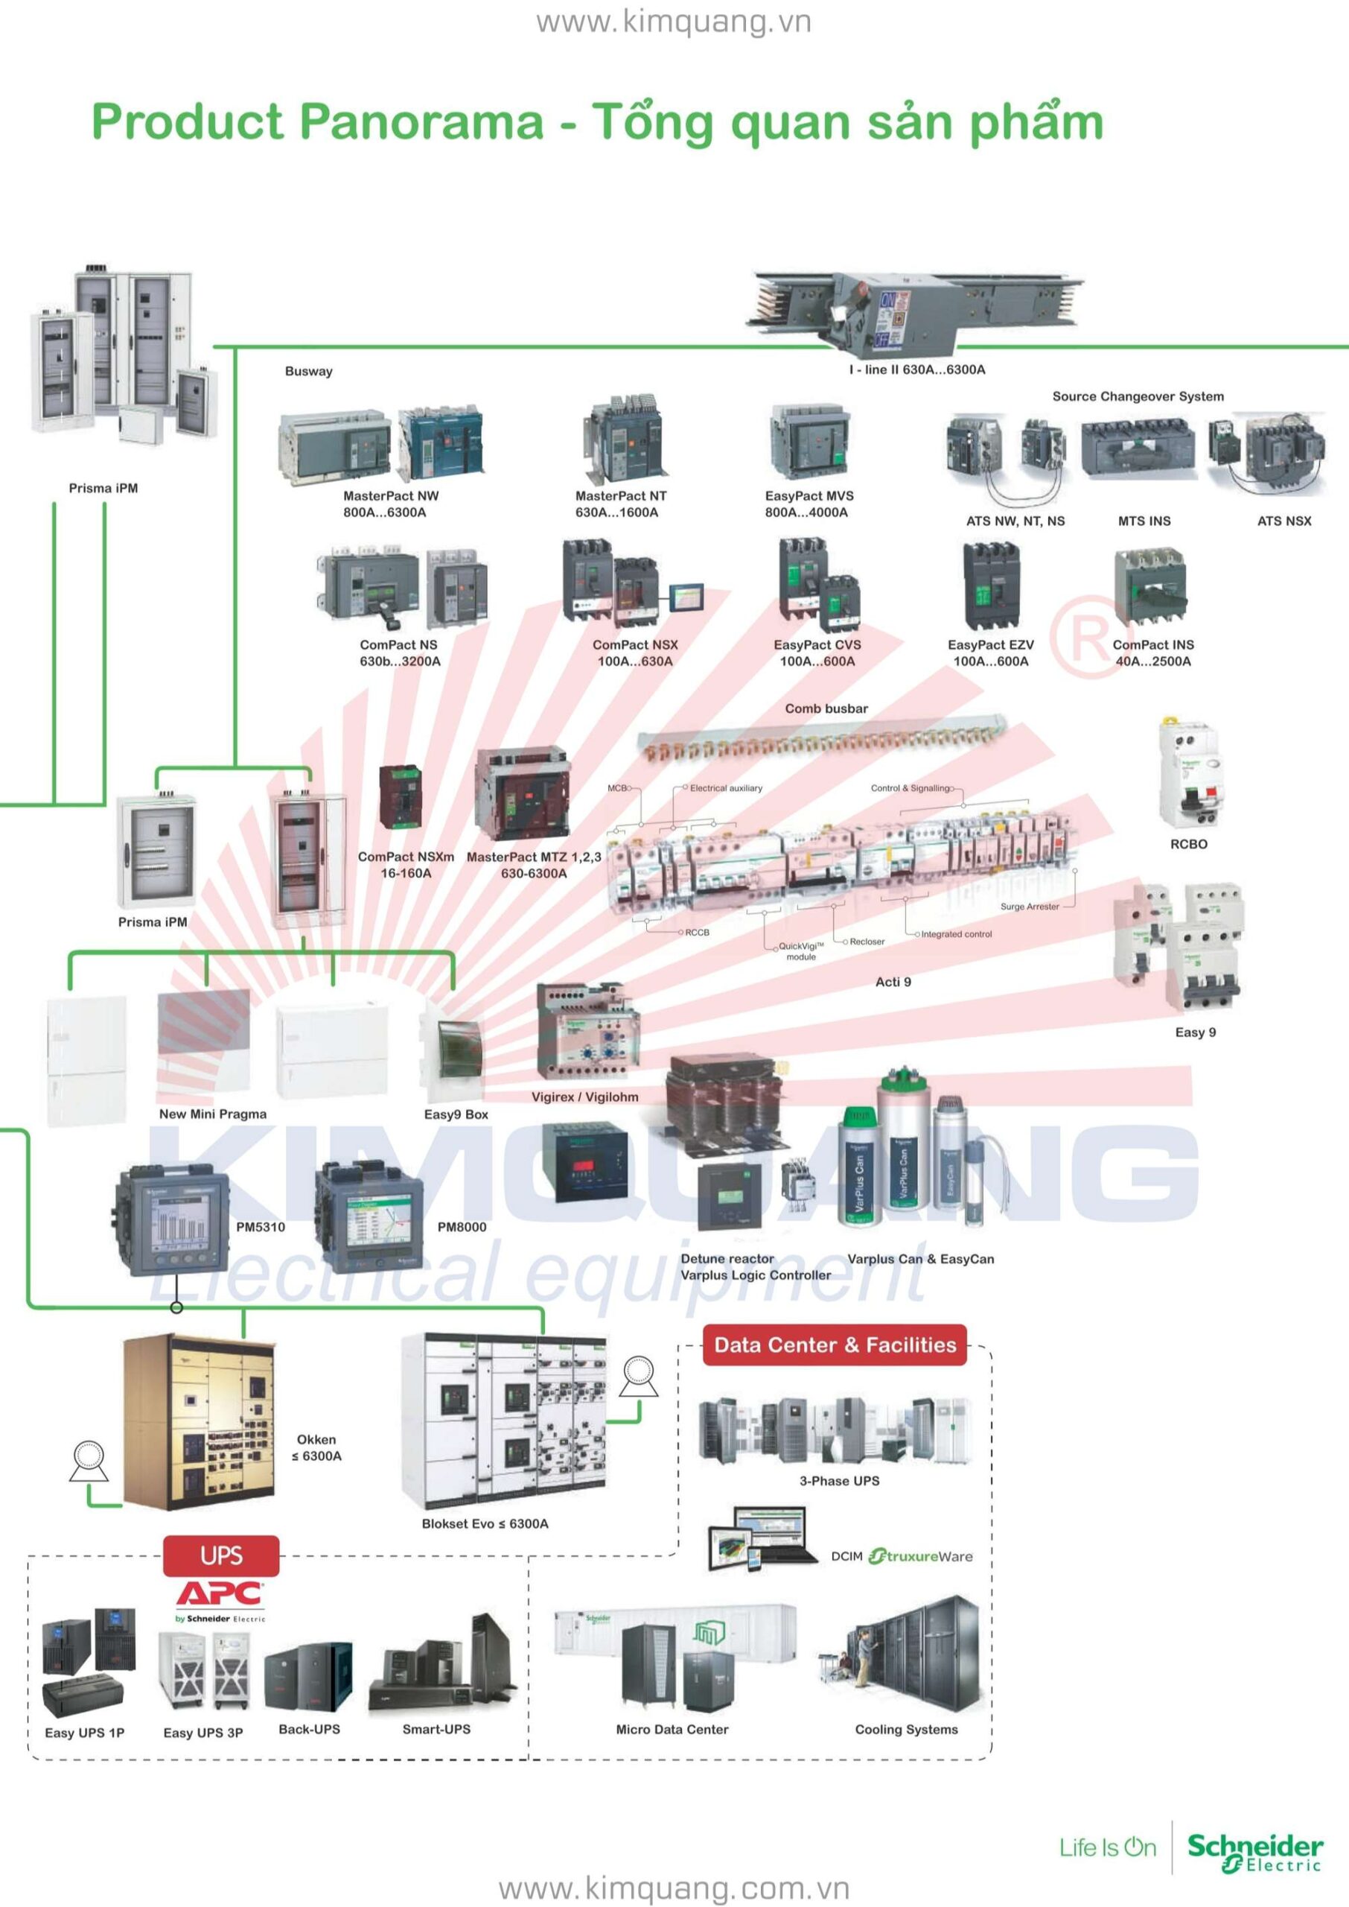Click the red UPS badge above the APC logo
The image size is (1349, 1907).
(221, 1555)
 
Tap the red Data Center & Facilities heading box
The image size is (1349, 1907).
(835, 1345)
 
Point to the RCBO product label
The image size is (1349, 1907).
(1188, 844)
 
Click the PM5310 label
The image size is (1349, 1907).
(260, 1226)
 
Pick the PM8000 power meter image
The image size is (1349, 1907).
(369, 1217)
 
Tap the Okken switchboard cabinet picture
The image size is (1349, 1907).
(200, 1422)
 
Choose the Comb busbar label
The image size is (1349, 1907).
(826, 708)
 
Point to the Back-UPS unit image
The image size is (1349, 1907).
(308, 1675)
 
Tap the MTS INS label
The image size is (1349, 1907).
(1144, 521)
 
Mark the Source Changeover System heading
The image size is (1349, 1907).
(1138, 396)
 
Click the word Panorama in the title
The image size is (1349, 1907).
(421, 121)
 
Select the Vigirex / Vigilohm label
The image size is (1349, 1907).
(584, 1097)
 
